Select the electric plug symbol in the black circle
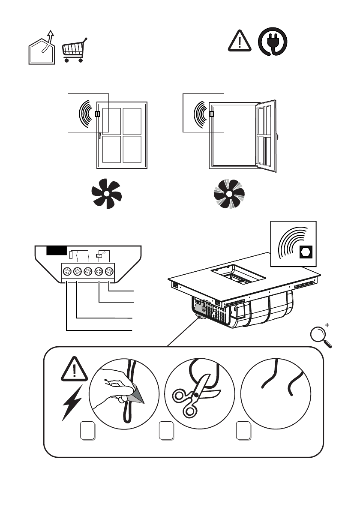point(272,43)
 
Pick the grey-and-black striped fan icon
point(229,195)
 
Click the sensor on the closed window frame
point(97,114)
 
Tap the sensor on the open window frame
point(212,114)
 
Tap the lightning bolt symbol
point(71,403)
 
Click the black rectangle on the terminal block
point(57,251)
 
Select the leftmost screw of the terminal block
point(67,271)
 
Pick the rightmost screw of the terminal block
point(109,271)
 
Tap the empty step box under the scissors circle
point(165,430)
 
